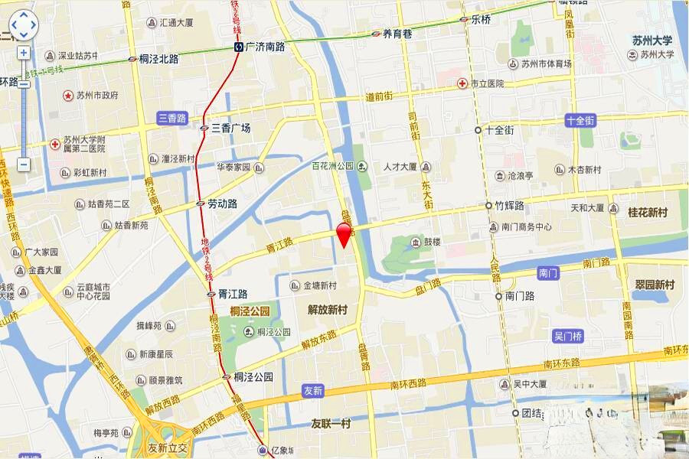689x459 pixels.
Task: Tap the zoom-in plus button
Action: point(24,53)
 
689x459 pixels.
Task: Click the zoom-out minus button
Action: point(24,164)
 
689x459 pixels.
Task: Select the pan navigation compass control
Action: point(23,25)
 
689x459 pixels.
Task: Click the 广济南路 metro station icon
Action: point(240,47)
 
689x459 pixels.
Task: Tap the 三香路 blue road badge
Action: point(172,118)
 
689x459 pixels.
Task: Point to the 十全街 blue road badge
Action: point(580,120)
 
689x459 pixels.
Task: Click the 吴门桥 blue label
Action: point(567,336)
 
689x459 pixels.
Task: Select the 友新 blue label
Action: point(313,390)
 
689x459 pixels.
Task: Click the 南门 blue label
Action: point(549,272)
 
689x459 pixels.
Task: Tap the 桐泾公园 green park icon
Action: point(250,332)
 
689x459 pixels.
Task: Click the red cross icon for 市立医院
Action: point(462,83)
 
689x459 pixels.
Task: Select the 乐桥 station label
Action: point(481,20)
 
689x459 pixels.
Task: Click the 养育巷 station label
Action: point(397,34)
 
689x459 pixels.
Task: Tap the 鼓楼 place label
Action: point(433,243)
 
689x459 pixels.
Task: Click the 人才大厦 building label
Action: point(400,167)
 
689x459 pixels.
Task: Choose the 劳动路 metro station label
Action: point(222,204)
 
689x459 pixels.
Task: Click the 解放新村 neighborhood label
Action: point(328,310)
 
